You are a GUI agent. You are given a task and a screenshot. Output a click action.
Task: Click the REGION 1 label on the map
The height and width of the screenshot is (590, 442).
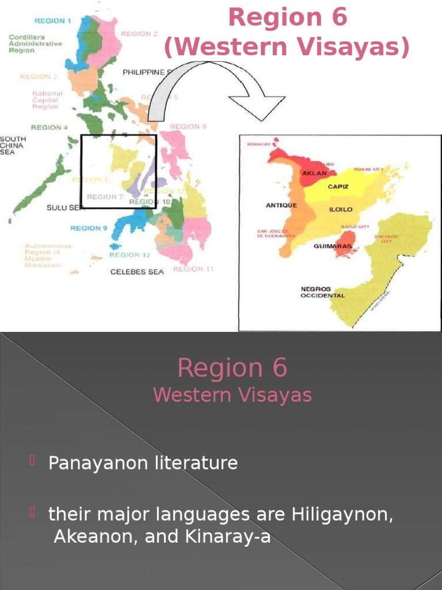53,21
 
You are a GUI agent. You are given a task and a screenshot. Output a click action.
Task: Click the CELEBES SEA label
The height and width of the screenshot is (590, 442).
137,271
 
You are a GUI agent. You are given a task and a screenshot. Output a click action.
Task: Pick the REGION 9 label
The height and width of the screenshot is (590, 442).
89,228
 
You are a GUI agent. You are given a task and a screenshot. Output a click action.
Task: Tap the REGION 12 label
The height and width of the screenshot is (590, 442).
129,255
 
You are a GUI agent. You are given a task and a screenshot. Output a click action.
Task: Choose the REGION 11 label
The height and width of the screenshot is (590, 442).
193,269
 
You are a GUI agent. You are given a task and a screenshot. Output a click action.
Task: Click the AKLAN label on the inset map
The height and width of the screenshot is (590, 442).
314,173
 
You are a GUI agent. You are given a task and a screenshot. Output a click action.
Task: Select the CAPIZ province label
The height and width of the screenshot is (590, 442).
338,187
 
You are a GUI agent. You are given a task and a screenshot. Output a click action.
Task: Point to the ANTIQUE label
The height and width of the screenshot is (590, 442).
281,205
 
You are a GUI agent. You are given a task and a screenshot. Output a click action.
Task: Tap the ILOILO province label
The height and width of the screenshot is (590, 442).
340,209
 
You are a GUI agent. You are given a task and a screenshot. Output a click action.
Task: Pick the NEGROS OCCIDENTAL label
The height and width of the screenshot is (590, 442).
323,292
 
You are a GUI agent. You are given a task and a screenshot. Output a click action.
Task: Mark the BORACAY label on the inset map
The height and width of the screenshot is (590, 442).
258,143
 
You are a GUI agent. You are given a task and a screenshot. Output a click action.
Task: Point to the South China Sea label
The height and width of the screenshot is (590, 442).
13,145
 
